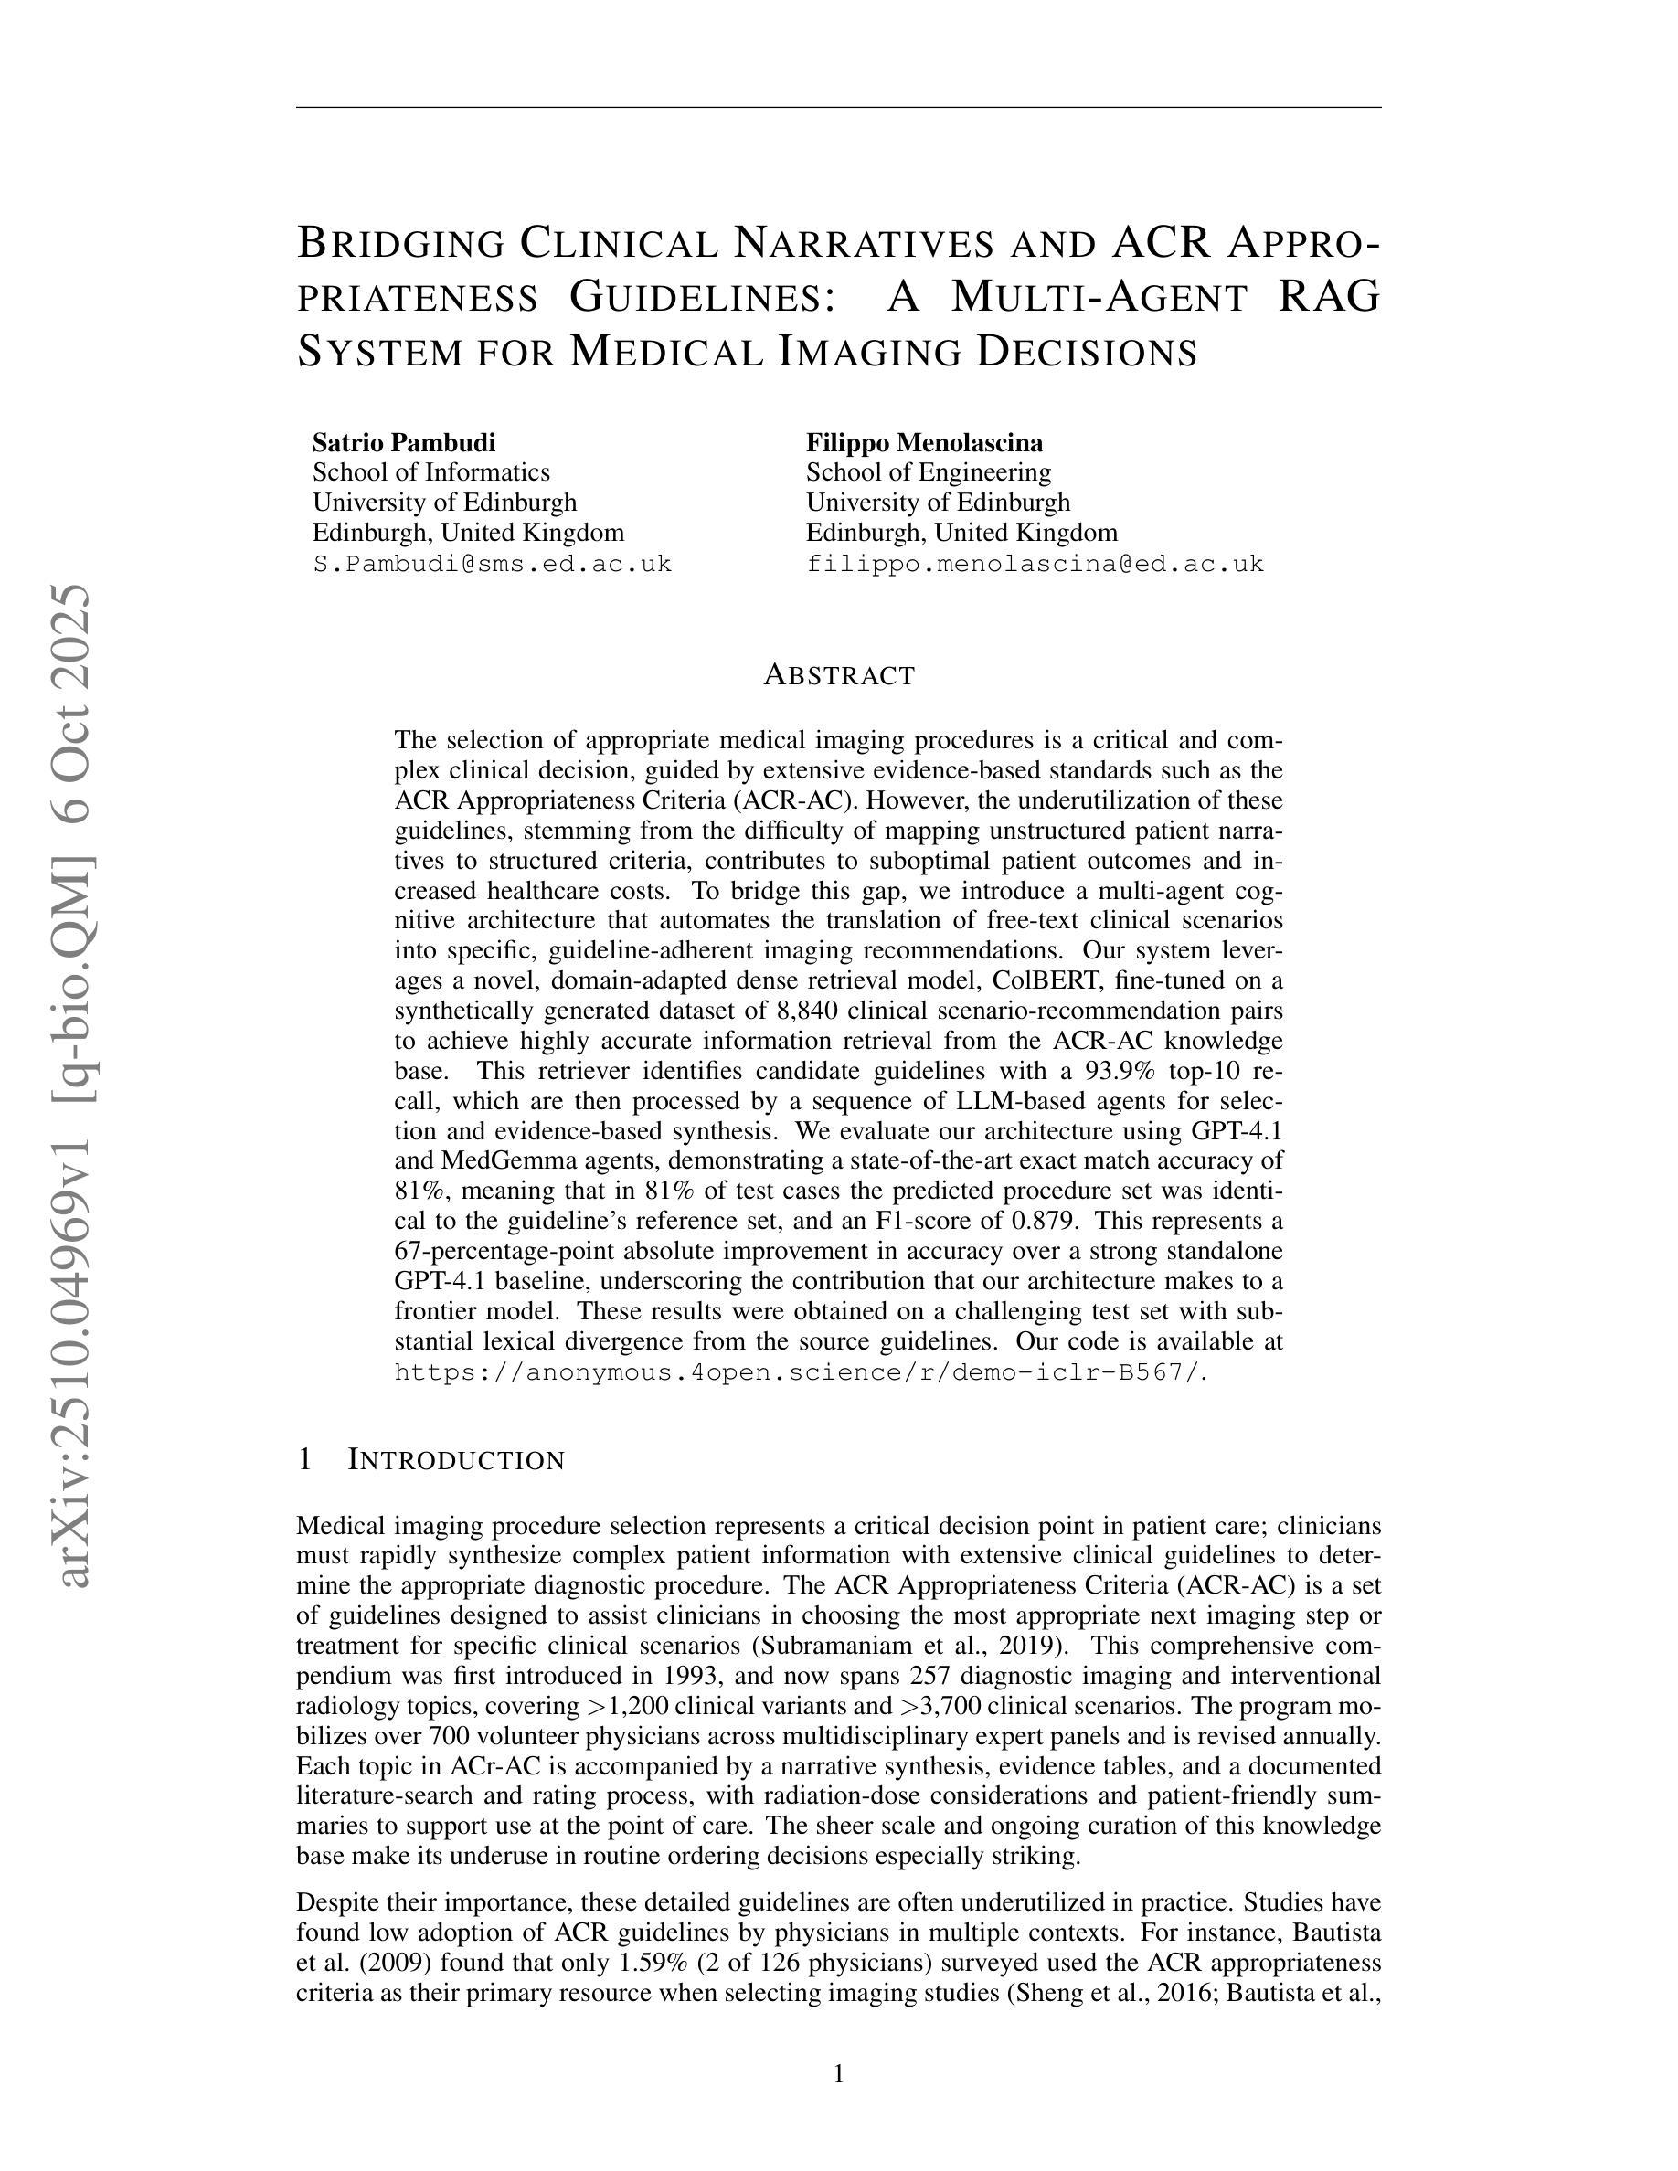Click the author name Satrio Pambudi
tap(404, 442)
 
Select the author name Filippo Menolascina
tap(923, 442)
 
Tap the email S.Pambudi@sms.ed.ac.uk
tap(492, 564)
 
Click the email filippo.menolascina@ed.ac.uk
tap(1034, 564)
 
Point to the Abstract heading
tap(838, 675)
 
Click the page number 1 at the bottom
tap(838, 2073)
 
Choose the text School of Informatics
tap(430, 472)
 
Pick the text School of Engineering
tap(928, 472)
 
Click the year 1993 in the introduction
tap(690, 1676)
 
